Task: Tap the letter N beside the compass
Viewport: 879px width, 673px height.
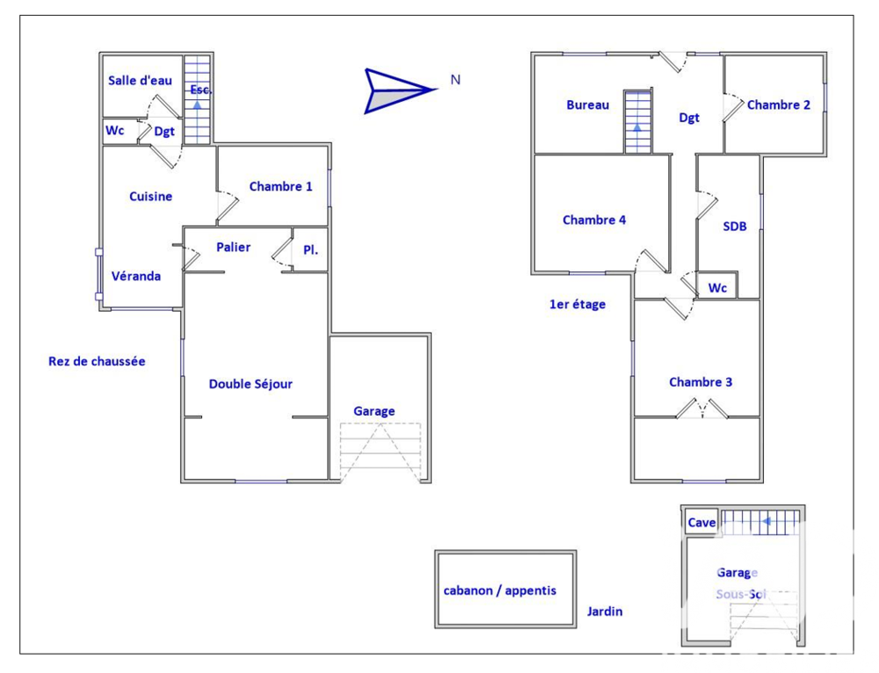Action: (455, 80)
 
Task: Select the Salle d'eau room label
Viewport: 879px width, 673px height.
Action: (140, 81)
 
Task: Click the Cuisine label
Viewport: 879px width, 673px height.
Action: (151, 197)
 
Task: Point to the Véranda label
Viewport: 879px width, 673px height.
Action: (136, 276)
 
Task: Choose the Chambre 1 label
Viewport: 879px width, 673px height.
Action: (280, 186)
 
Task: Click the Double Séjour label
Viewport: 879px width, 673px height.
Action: (251, 384)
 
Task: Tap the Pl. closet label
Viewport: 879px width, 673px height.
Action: (310, 250)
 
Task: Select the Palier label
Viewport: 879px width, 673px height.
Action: (234, 248)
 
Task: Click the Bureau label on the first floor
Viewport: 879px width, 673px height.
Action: (587, 105)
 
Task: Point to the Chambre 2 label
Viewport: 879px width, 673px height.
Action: (779, 105)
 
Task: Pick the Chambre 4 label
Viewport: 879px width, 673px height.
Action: (594, 221)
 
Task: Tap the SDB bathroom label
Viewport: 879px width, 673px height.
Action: (735, 227)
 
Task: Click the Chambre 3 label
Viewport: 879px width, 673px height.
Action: (701, 382)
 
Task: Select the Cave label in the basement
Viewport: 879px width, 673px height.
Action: (701, 523)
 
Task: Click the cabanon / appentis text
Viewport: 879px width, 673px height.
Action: (500, 590)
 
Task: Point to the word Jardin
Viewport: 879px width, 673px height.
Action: (605, 611)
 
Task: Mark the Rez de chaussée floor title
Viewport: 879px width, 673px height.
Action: (97, 361)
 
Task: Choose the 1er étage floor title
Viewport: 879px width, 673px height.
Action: (578, 305)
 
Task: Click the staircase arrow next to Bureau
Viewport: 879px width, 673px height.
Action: (637, 127)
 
